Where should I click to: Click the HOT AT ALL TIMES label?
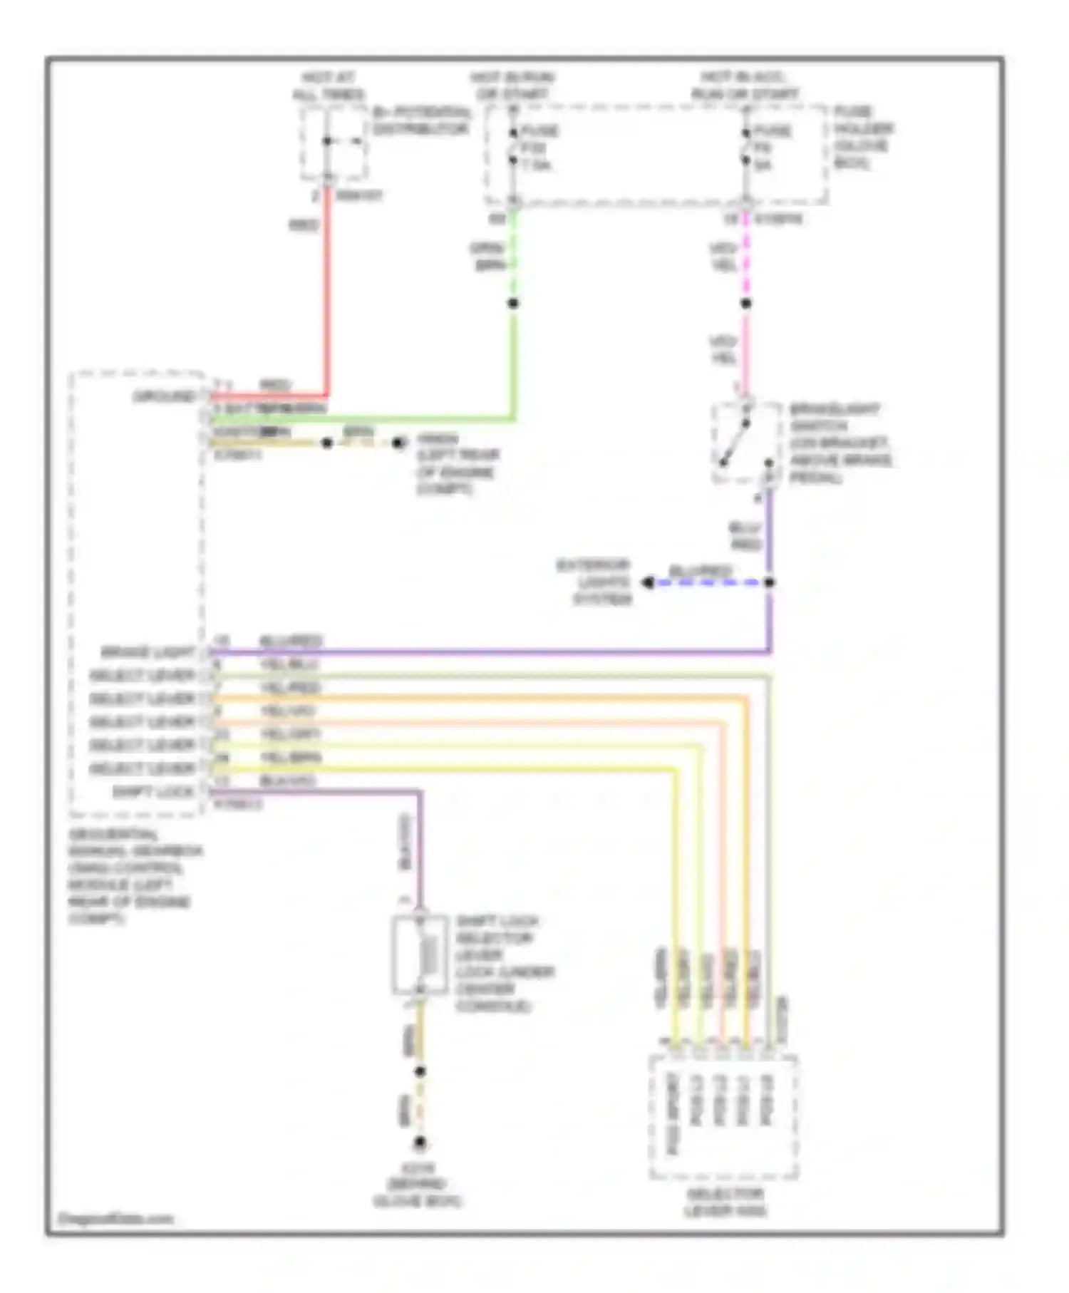point(329,86)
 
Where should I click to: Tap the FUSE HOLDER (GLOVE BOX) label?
point(863,138)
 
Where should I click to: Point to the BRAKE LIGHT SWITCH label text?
point(840,443)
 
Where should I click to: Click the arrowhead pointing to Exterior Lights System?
point(647,583)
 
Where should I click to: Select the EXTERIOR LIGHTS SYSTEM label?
point(594,582)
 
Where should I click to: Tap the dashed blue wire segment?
point(709,583)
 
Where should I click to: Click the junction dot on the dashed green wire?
point(513,304)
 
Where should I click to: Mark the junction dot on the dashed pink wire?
point(746,304)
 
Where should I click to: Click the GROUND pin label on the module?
point(165,396)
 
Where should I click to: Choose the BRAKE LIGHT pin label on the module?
point(148,652)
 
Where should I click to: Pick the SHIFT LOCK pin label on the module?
point(153,792)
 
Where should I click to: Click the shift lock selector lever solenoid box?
point(420,954)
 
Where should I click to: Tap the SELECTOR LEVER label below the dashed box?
point(725,1202)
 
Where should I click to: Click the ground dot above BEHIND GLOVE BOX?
point(420,1143)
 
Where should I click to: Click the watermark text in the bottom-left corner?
point(115,1218)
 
